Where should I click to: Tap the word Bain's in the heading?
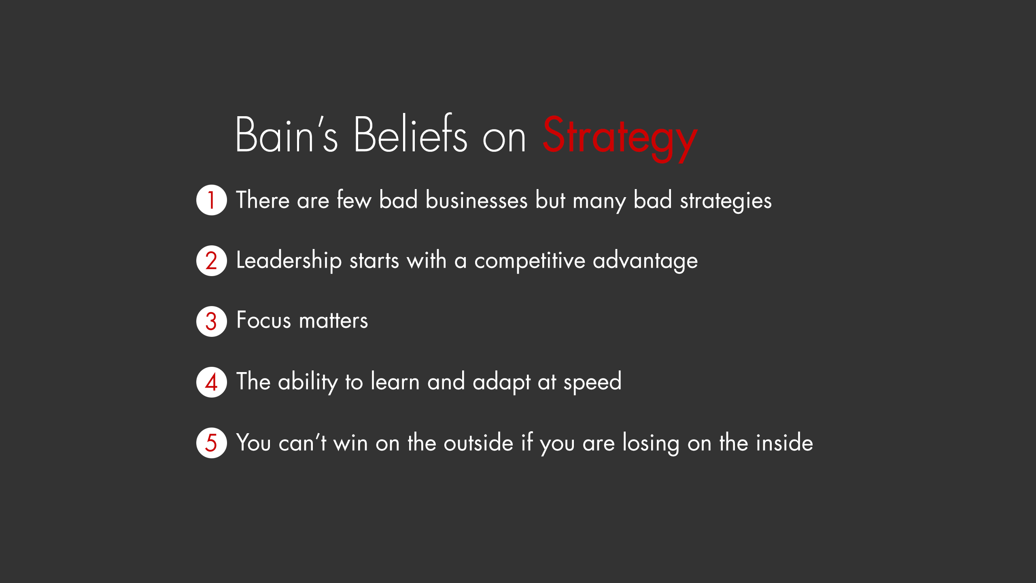tap(287, 134)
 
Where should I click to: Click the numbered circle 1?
tap(212, 200)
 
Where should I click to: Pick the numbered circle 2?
tap(212, 261)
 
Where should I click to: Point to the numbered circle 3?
tap(212, 321)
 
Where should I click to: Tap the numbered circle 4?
tap(212, 382)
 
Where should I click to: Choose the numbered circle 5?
tap(212, 443)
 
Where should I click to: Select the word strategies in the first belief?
tap(726, 201)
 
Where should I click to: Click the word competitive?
tap(530, 261)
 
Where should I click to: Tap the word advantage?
tap(645, 261)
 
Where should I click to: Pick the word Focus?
tap(263, 320)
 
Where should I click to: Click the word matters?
tap(333, 320)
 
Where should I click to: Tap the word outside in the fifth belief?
tap(479, 443)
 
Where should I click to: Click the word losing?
tap(651, 443)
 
